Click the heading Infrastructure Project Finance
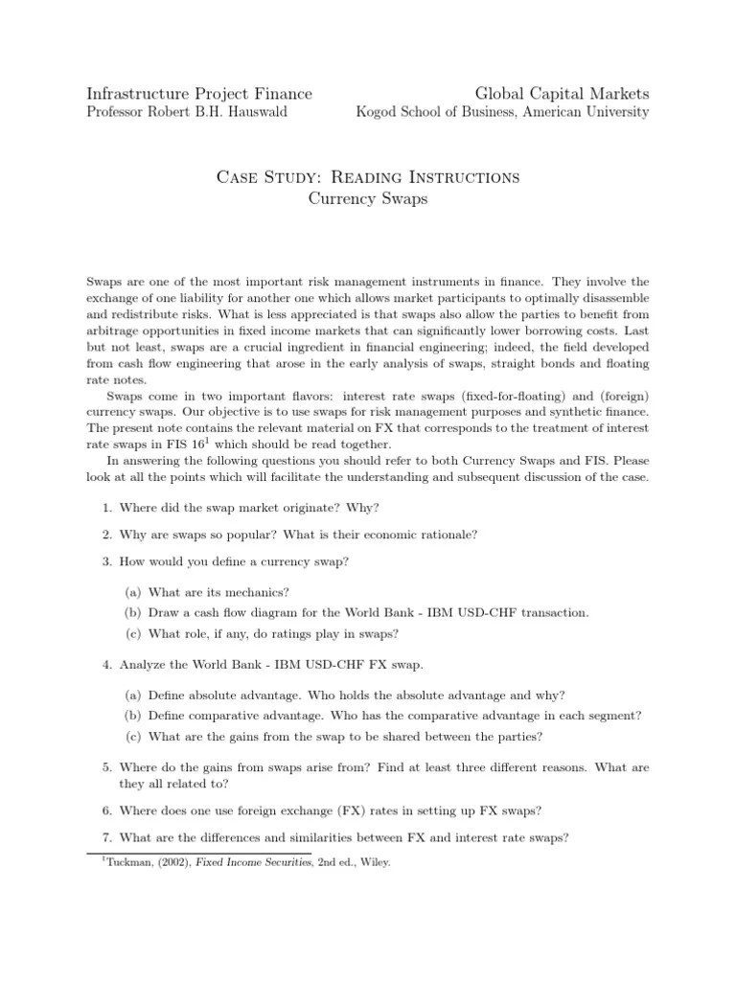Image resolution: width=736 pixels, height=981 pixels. (x=199, y=93)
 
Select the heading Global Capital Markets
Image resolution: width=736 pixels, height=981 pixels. (x=562, y=93)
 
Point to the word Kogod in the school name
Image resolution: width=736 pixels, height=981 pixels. (x=378, y=112)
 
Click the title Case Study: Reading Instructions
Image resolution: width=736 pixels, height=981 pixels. (x=368, y=177)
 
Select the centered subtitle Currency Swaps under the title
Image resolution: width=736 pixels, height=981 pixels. (x=368, y=198)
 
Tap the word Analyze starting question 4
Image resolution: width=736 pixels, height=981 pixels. (x=142, y=664)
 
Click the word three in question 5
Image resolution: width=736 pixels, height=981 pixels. (x=458, y=767)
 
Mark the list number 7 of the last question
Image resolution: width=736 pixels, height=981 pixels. (x=104, y=836)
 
